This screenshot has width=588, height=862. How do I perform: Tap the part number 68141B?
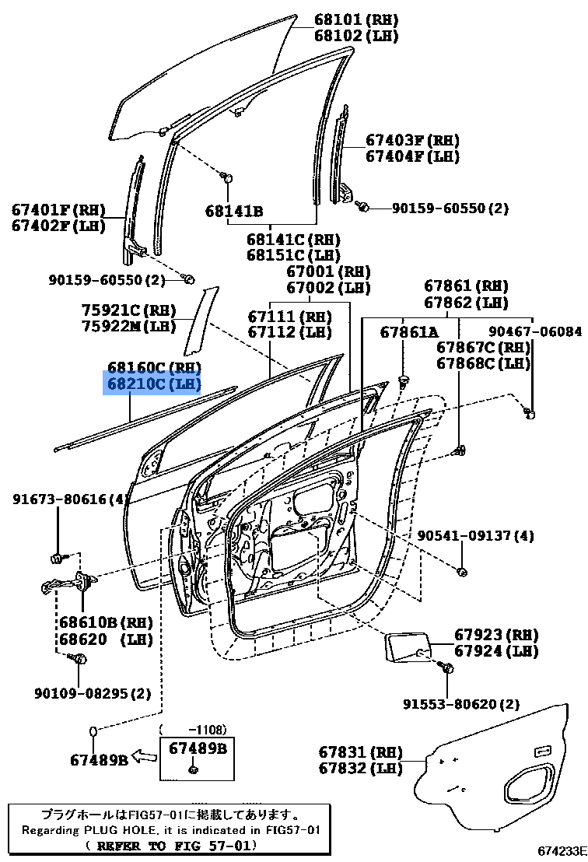(x=234, y=211)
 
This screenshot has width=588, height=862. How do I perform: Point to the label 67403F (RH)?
(x=412, y=141)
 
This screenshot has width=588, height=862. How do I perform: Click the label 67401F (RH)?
(x=58, y=209)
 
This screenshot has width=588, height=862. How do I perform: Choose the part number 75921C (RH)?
(x=130, y=310)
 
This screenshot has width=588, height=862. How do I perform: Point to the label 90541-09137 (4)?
(x=476, y=536)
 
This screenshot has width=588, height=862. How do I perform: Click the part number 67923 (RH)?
(x=496, y=635)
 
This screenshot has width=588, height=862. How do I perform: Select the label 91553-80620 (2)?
(x=460, y=705)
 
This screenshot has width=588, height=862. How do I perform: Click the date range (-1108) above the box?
(x=194, y=730)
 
